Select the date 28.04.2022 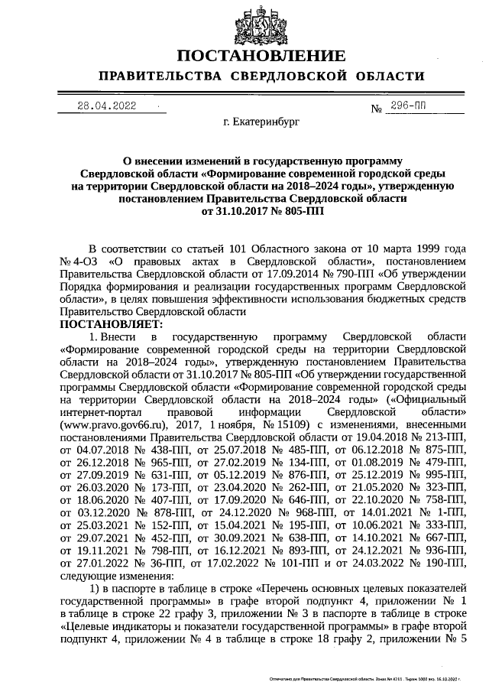click(107, 106)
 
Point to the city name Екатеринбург click(261, 122)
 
